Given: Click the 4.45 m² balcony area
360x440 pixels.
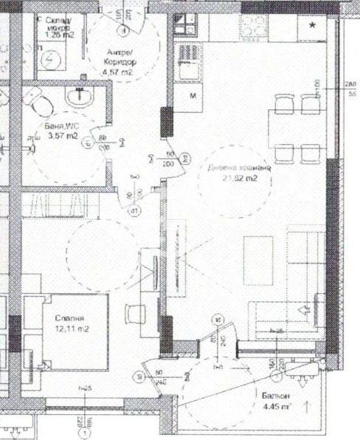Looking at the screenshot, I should pyautogui.click(x=277, y=408).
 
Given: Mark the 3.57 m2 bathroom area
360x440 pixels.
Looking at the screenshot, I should pyautogui.click(x=63, y=136).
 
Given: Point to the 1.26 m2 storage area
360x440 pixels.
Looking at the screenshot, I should pyautogui.click(x=60, y=33).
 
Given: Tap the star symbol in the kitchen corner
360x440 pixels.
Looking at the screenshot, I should pyautogui.click(x=314, y=26).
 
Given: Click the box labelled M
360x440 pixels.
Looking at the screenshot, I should pyautogui.click(x=193, y=97).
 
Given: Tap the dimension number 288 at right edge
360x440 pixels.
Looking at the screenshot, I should pyautogui.click(x=352, y=84).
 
